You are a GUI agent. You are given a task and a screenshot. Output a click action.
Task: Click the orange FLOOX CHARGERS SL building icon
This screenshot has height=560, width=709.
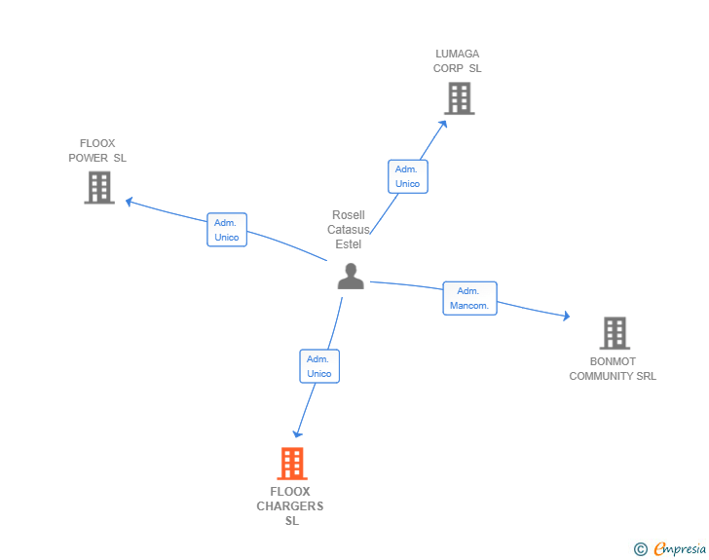tap(292, 464)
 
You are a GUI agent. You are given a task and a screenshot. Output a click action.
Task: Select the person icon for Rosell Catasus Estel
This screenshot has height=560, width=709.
tap(351, 277)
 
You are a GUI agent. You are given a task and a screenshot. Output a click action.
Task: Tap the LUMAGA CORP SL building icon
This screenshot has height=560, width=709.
tap(460, 98)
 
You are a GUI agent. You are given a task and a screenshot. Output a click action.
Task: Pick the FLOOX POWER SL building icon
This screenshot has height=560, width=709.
tap(99, 187)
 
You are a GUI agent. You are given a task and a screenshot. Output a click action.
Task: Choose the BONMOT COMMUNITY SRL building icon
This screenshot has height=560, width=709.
tap(614, 333)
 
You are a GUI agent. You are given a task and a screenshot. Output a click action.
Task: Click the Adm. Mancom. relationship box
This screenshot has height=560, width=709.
tap(470, 298)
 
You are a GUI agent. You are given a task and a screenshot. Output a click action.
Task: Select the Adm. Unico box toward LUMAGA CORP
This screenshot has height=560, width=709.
tap(407, 176)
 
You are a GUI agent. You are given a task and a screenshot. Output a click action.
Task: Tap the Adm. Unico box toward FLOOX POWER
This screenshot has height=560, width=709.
tap(227, 230)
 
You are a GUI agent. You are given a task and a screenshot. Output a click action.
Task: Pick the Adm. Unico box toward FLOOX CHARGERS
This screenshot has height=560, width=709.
tap(319, 366)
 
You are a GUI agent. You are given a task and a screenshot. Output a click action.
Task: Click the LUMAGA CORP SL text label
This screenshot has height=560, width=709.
tap(458, 61)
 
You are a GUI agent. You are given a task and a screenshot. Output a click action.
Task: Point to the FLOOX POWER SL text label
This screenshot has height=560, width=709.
tap(97, 151)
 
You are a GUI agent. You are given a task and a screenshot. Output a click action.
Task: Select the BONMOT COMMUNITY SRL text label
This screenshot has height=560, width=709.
tap(613, 369)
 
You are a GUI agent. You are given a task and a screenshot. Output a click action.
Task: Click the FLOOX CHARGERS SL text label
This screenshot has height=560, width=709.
tap(290, 506)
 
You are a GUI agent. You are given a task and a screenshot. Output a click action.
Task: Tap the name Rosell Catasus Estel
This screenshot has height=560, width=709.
tap(349, 230)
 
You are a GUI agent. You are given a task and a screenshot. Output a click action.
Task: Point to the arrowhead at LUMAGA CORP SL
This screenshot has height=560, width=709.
tap(444, 123)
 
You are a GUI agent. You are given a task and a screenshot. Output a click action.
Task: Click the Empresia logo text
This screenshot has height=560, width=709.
tap(680, 549)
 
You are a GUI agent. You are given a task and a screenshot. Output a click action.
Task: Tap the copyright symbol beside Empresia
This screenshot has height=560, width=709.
tap(641, 549)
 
